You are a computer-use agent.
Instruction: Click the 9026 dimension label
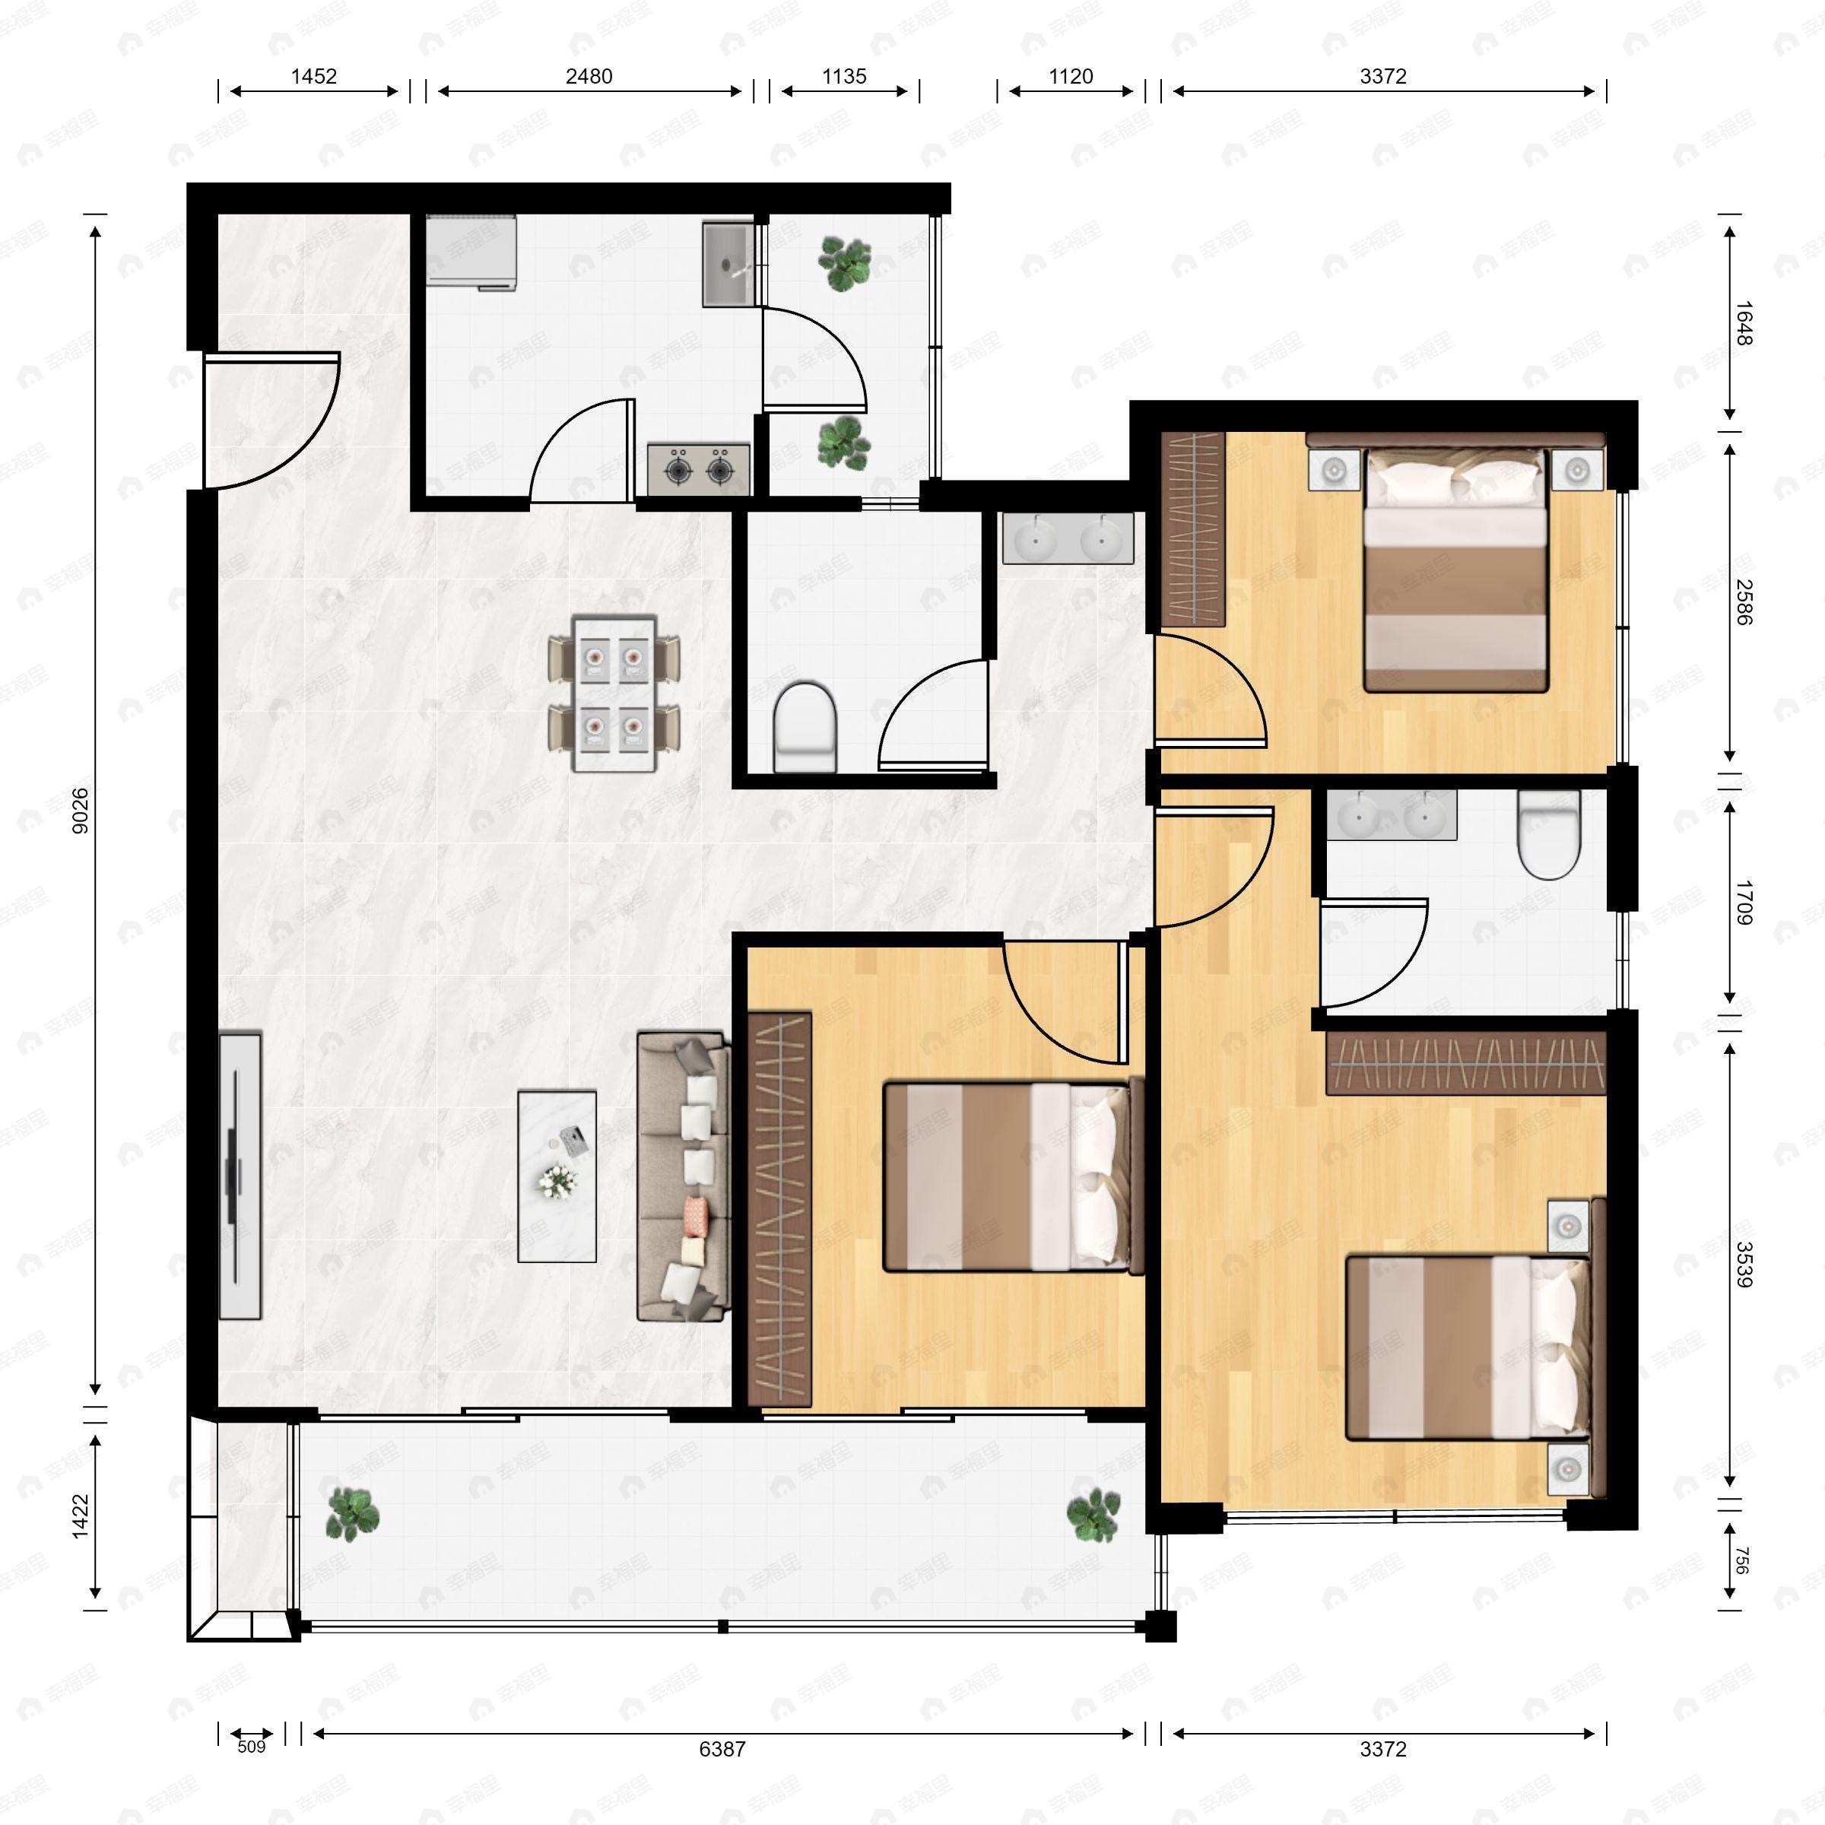click(81, 811)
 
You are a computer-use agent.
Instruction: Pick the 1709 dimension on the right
click(1743, 902)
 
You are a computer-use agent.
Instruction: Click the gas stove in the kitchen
click(699, 468)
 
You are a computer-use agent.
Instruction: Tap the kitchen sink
click(728, 265)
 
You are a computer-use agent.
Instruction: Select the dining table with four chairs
click(614, 693)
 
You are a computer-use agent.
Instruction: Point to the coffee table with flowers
click(557, 1176)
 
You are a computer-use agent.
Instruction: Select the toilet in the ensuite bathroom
click(1548, 833)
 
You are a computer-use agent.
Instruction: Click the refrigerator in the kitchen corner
click(471, 250)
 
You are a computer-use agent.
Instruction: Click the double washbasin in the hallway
click(1068, 539)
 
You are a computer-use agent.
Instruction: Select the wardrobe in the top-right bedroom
click(1192, 529)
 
